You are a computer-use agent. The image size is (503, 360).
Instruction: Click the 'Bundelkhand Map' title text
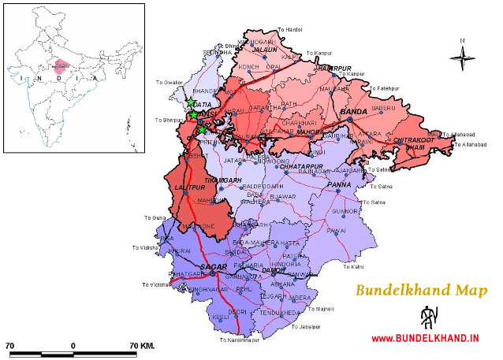421,290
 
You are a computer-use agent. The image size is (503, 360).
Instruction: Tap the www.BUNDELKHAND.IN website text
425,339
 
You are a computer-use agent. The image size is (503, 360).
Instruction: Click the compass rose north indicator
463,54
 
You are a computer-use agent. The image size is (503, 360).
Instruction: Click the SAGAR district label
214,268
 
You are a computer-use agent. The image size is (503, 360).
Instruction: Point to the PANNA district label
340,185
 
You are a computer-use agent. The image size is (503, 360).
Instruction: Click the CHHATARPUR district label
297,166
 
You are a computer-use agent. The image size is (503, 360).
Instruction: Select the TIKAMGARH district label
221,180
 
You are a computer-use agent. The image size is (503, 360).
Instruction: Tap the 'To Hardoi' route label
289,29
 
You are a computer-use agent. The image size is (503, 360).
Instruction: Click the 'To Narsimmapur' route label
240,340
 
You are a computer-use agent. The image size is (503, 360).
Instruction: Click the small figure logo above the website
427,317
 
